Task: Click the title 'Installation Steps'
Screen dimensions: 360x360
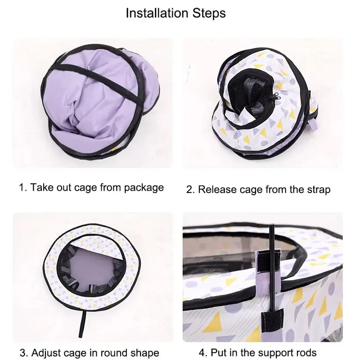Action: tap(175, 13)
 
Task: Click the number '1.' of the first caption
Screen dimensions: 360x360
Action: tap(22, 187)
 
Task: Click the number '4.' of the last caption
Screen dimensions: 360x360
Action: tap(190, 352)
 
